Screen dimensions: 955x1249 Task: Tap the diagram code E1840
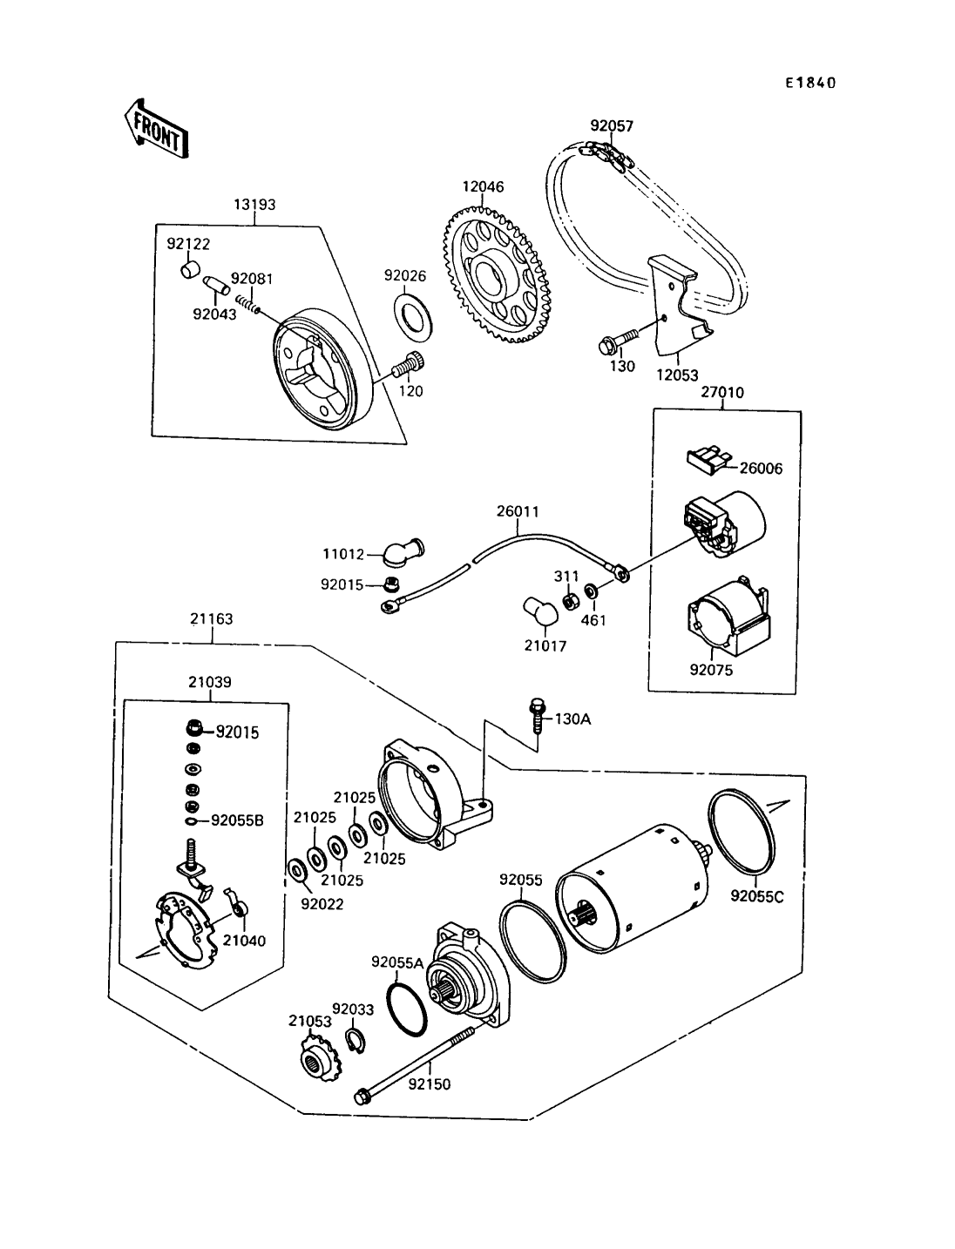click(x=810, y=83)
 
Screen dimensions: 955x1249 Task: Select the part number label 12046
click(x=483, y=186)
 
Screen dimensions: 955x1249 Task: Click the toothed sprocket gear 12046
click(x=498, y=275)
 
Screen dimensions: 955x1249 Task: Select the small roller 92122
click(x=191, y=269)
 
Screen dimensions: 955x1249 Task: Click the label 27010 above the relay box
click(x=721, y=392)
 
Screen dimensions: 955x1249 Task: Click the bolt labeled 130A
click(x=537, y=717)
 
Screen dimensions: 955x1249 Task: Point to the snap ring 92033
click(x=356, y=1042)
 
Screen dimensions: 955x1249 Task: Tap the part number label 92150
click(x=429, y=1084)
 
